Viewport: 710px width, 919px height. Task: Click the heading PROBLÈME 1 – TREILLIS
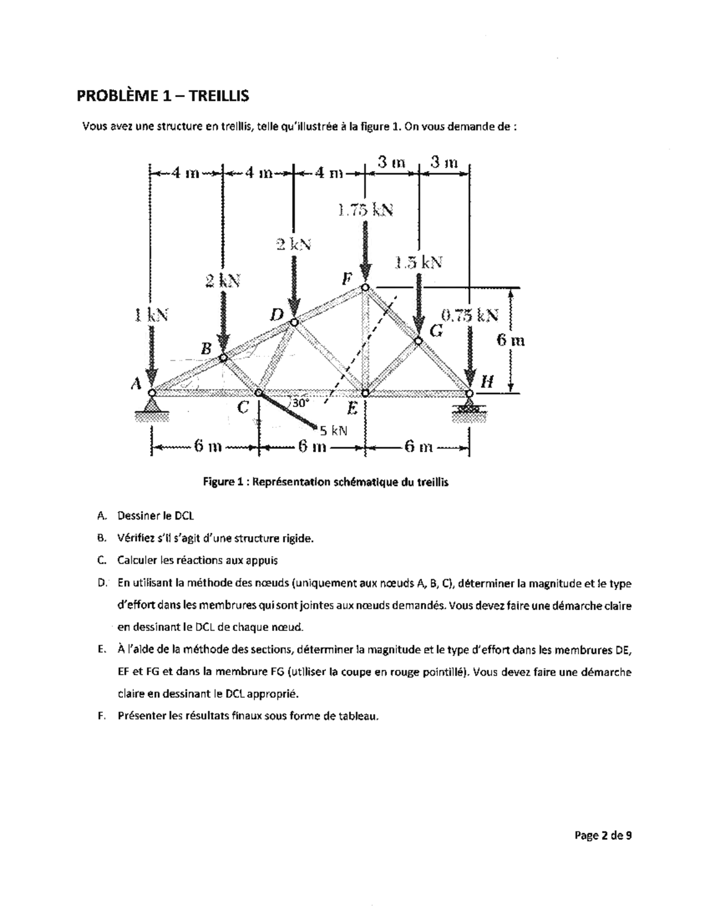(163, 95)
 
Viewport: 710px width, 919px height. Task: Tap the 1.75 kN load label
(364, 210)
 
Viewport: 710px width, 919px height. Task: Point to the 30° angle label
(299, 403)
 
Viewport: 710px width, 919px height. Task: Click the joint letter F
(347, 278)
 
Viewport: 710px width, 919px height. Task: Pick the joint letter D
(276, 313)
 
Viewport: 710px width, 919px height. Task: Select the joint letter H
(487, 382)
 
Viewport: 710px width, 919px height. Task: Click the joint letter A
(136, 384)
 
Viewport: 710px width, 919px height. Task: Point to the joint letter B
(205, 349)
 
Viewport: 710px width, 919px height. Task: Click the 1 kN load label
(150, 315)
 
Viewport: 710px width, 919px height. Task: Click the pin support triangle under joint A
(152, 405)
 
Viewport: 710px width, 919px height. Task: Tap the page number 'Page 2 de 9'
(602, 836)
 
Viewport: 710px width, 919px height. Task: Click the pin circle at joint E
(365, 392)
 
